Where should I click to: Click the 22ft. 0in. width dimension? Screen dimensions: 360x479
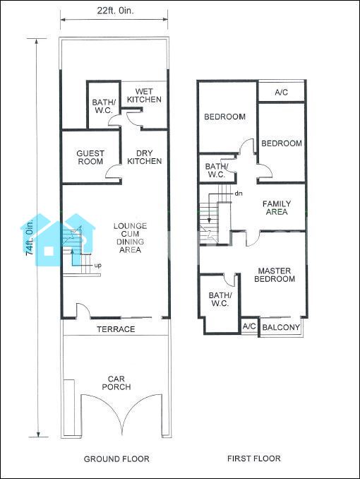tap(116, 11)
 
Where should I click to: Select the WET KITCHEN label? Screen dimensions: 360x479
tap(144, 95)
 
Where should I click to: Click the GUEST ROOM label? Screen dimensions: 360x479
tap(90, 158)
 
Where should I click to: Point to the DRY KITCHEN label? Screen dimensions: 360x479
tap(145, 157)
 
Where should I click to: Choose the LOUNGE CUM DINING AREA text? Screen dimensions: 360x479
tap(131, 238)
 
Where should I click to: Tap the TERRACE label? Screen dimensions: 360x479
tap(116, 329)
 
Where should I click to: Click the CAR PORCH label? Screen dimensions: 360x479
tap(116, 383)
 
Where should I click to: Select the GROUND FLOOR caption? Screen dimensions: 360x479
tap(116, 459)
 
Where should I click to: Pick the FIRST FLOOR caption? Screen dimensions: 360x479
tap(254, 459)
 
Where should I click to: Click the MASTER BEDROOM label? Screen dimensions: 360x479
tap(275, 275)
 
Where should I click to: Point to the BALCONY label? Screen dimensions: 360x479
tap(281, 328)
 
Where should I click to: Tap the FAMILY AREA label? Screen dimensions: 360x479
tap(277, 208)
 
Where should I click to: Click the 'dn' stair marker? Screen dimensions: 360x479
tap(239, 194)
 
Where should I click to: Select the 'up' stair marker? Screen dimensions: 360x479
tap(97, 265)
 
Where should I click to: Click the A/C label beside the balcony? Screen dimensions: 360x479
tap(249, 326)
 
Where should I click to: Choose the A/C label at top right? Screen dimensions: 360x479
tap(281, 93)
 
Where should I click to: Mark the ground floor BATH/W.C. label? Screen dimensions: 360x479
tap(102, 106)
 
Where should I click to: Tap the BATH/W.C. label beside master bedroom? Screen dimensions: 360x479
tap(220, 300)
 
